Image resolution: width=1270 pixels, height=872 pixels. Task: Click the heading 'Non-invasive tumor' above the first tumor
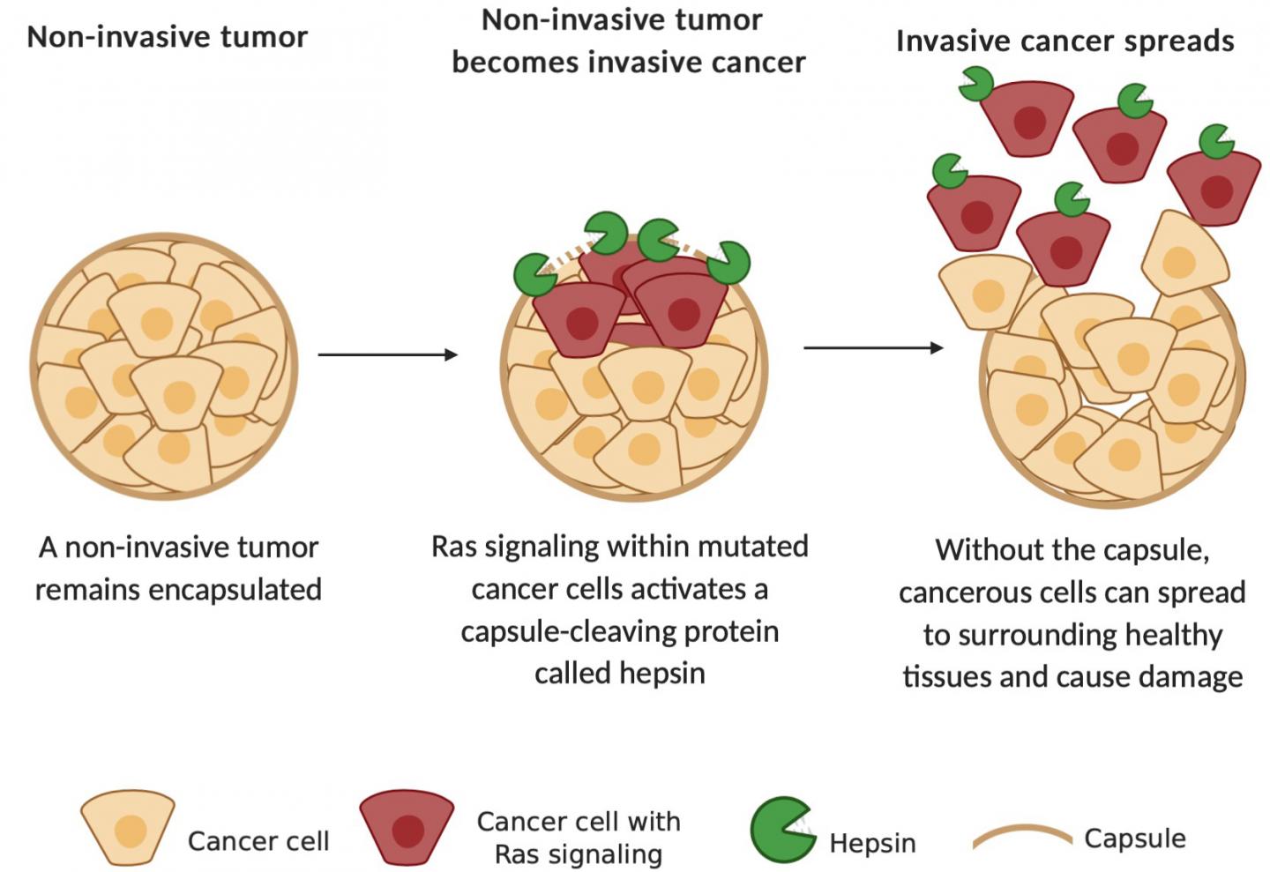coord(167,37)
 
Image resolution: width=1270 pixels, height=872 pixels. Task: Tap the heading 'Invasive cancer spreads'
coord(1065,41)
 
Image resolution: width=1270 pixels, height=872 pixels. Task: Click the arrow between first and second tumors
coord(387,354)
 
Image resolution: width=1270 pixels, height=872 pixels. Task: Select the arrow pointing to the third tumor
coord(873,347)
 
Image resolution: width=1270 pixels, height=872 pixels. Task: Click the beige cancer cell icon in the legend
coord(128,827)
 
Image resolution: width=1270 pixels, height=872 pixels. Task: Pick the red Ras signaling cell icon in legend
coord(407,827)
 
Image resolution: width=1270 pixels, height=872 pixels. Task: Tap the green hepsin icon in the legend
coord(780,829)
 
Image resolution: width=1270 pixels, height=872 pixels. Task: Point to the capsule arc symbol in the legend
coord(1021,836)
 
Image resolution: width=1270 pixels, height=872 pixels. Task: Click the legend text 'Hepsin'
coord(872,843)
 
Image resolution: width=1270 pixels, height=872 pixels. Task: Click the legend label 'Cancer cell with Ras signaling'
coord(579,838)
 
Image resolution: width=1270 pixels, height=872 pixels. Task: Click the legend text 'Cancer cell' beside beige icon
coord(258,841)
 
